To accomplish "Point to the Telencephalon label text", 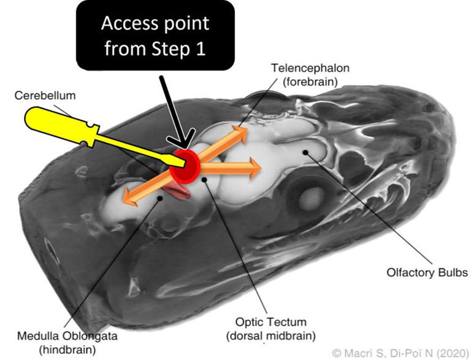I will pyautogui.click(x=305, y=67).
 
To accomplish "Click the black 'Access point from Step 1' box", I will pyautogui.click(x=155, y=36).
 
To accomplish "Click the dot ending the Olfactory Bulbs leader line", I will pyautogui.click(x=305, y=151).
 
